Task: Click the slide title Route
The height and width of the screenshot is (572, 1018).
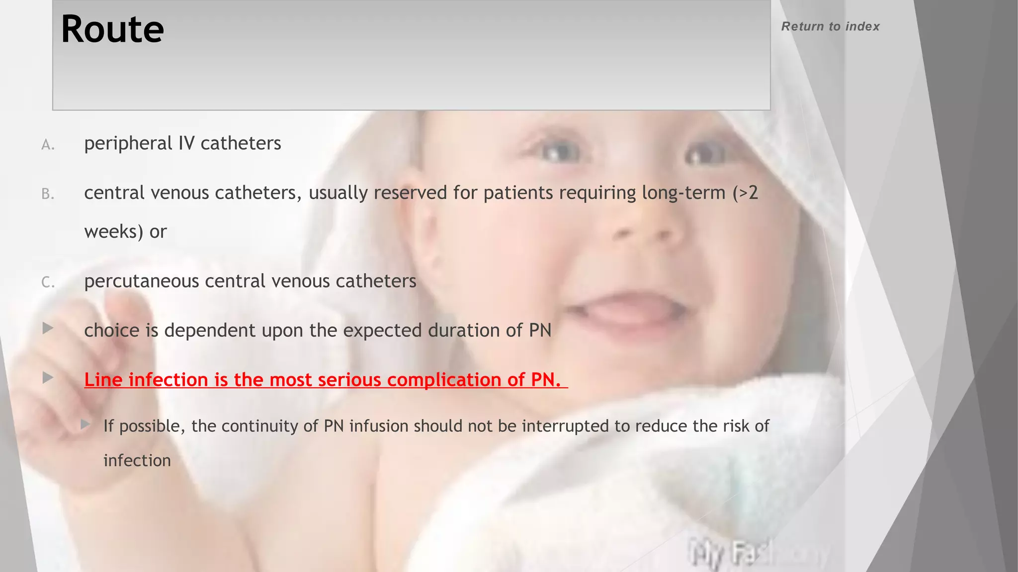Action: pyautogui.click(x=112, y=29)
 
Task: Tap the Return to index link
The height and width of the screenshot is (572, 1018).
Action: pyautogui.click(x=830, y=26)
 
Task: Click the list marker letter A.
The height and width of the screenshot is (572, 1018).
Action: pyautogui.click(x=48, y=145)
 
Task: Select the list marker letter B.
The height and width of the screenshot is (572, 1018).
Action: pyautogui.click(x=48, y=194)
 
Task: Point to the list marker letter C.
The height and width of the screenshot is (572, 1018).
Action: pyautogui.click(x=48, y=283)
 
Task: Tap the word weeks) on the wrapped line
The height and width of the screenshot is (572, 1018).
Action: pyautogui.click(x=114, y=231)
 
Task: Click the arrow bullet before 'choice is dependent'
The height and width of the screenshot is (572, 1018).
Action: pyautogui.click(x=48, y=328)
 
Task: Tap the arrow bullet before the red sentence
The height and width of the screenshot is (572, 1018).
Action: pyautogui.click(x=48, y=378)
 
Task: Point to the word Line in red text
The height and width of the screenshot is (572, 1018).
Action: pyautogui.click(x=103, y=380)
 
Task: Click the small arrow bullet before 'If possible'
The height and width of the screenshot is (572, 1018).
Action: pyautogui.click(x=85, y=424)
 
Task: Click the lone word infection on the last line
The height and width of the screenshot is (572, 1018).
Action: pyautogui.click(x=137, y=461)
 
